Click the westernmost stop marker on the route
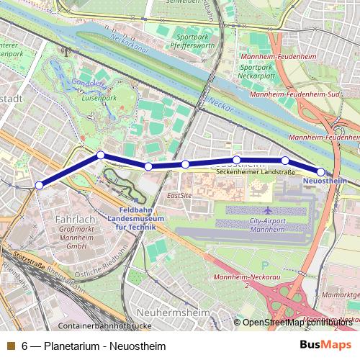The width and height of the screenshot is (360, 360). [x=39, y=185]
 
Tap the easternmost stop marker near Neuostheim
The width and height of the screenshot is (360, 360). [x=321, y=171]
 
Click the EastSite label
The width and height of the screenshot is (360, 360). [x=179, y=195]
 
